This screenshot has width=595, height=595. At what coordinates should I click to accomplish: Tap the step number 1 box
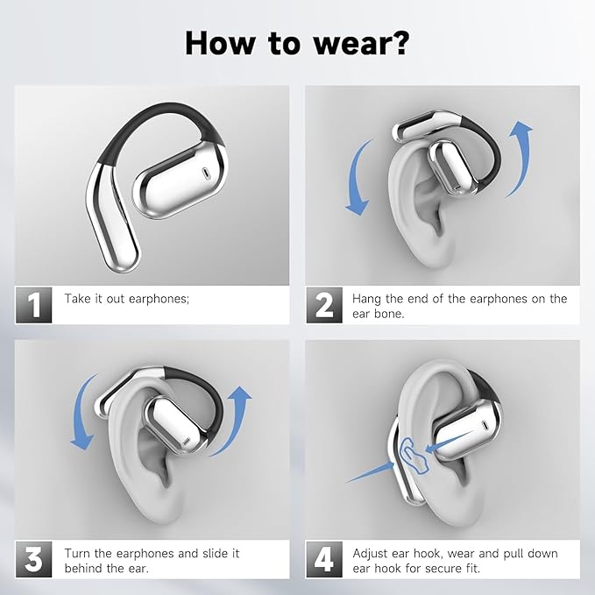[x=34, y=306]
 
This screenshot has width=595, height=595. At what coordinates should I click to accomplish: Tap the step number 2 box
[x=324, y=306]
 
